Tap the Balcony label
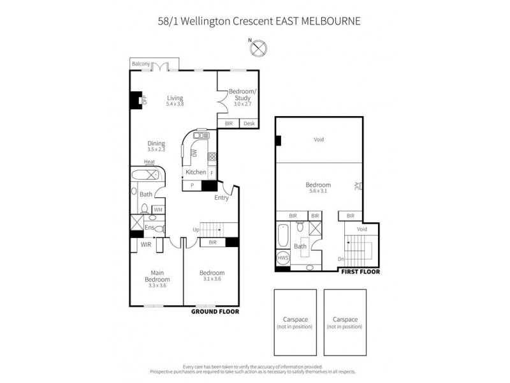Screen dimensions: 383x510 tap(141, 64)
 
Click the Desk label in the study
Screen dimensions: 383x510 tap(249, 123)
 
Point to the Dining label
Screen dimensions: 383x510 tap(156, 143)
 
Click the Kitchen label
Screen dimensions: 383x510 tap(196, 172)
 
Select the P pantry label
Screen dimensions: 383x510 tap(192, 186)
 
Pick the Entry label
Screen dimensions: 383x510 tap(221, 197)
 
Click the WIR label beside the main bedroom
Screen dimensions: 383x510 tap(145, 244)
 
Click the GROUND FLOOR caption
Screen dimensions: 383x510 tap(215, 312)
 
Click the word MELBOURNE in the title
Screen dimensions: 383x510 tap(330, 20)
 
